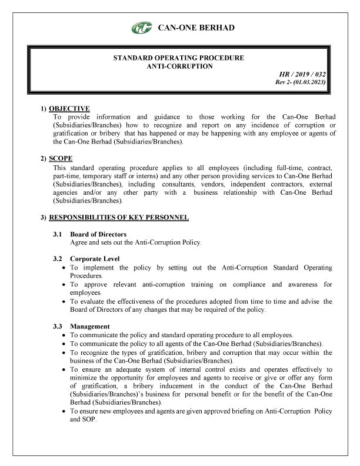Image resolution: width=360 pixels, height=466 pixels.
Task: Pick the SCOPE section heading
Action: [x=61, y=159]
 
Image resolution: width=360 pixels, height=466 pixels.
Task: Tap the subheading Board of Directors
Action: [x=98, y=235]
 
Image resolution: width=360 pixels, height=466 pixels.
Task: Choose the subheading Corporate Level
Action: [x=95, y=259]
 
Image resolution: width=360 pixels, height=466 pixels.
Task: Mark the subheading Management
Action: [x=90, y=326]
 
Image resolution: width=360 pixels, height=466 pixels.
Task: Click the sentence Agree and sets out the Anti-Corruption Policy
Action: [x=136, y=242]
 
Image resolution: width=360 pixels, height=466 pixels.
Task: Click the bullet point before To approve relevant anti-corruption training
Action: [x=64, y=285]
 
